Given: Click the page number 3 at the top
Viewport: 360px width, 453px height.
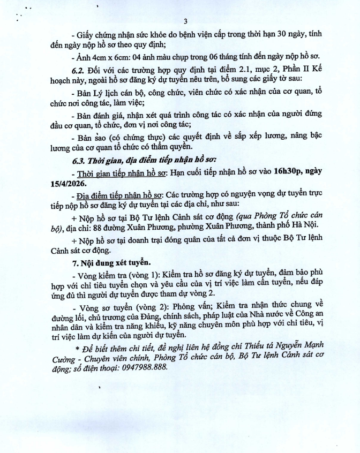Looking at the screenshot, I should pyautogui.click(x=184, y=22).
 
